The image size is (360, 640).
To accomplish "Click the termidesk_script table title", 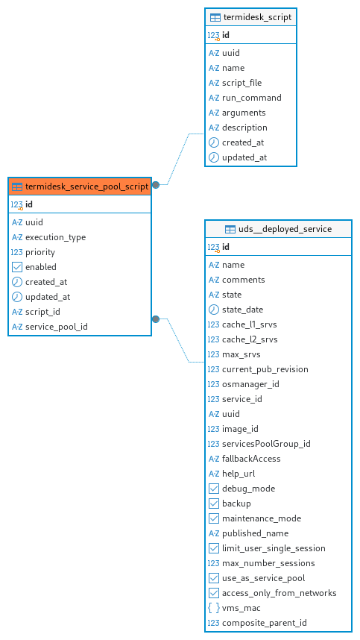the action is [257, 18].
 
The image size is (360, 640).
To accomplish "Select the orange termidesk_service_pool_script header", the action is [80, 186].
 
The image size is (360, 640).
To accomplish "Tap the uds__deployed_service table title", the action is [285, 229].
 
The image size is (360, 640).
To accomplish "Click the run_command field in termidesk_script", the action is [251, 98].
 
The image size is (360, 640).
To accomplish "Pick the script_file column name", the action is [241, 83].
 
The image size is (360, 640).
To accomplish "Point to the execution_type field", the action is [55, 237].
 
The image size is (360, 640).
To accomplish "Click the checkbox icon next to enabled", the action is [17, 267].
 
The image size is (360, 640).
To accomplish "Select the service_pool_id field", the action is [56, 327].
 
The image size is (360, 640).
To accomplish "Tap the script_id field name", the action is [42, 312].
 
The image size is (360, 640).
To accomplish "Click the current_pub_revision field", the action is [265, 369].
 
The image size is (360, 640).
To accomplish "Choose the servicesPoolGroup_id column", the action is [266, 444].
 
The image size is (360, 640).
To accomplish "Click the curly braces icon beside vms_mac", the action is [214, 608].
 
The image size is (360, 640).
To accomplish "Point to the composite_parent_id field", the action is [264, 623].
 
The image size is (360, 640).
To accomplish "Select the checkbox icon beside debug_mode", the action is [214, 489].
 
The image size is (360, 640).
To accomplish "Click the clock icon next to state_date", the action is [214, 310].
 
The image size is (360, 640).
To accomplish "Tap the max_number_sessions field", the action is [268, 563].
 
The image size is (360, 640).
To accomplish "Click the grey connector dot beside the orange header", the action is [156, 185].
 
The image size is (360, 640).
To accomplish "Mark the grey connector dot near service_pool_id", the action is [156, 319].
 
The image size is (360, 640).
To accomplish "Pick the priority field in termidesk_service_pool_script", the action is [40, 252].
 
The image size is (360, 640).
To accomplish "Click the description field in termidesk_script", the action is [244, 128].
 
